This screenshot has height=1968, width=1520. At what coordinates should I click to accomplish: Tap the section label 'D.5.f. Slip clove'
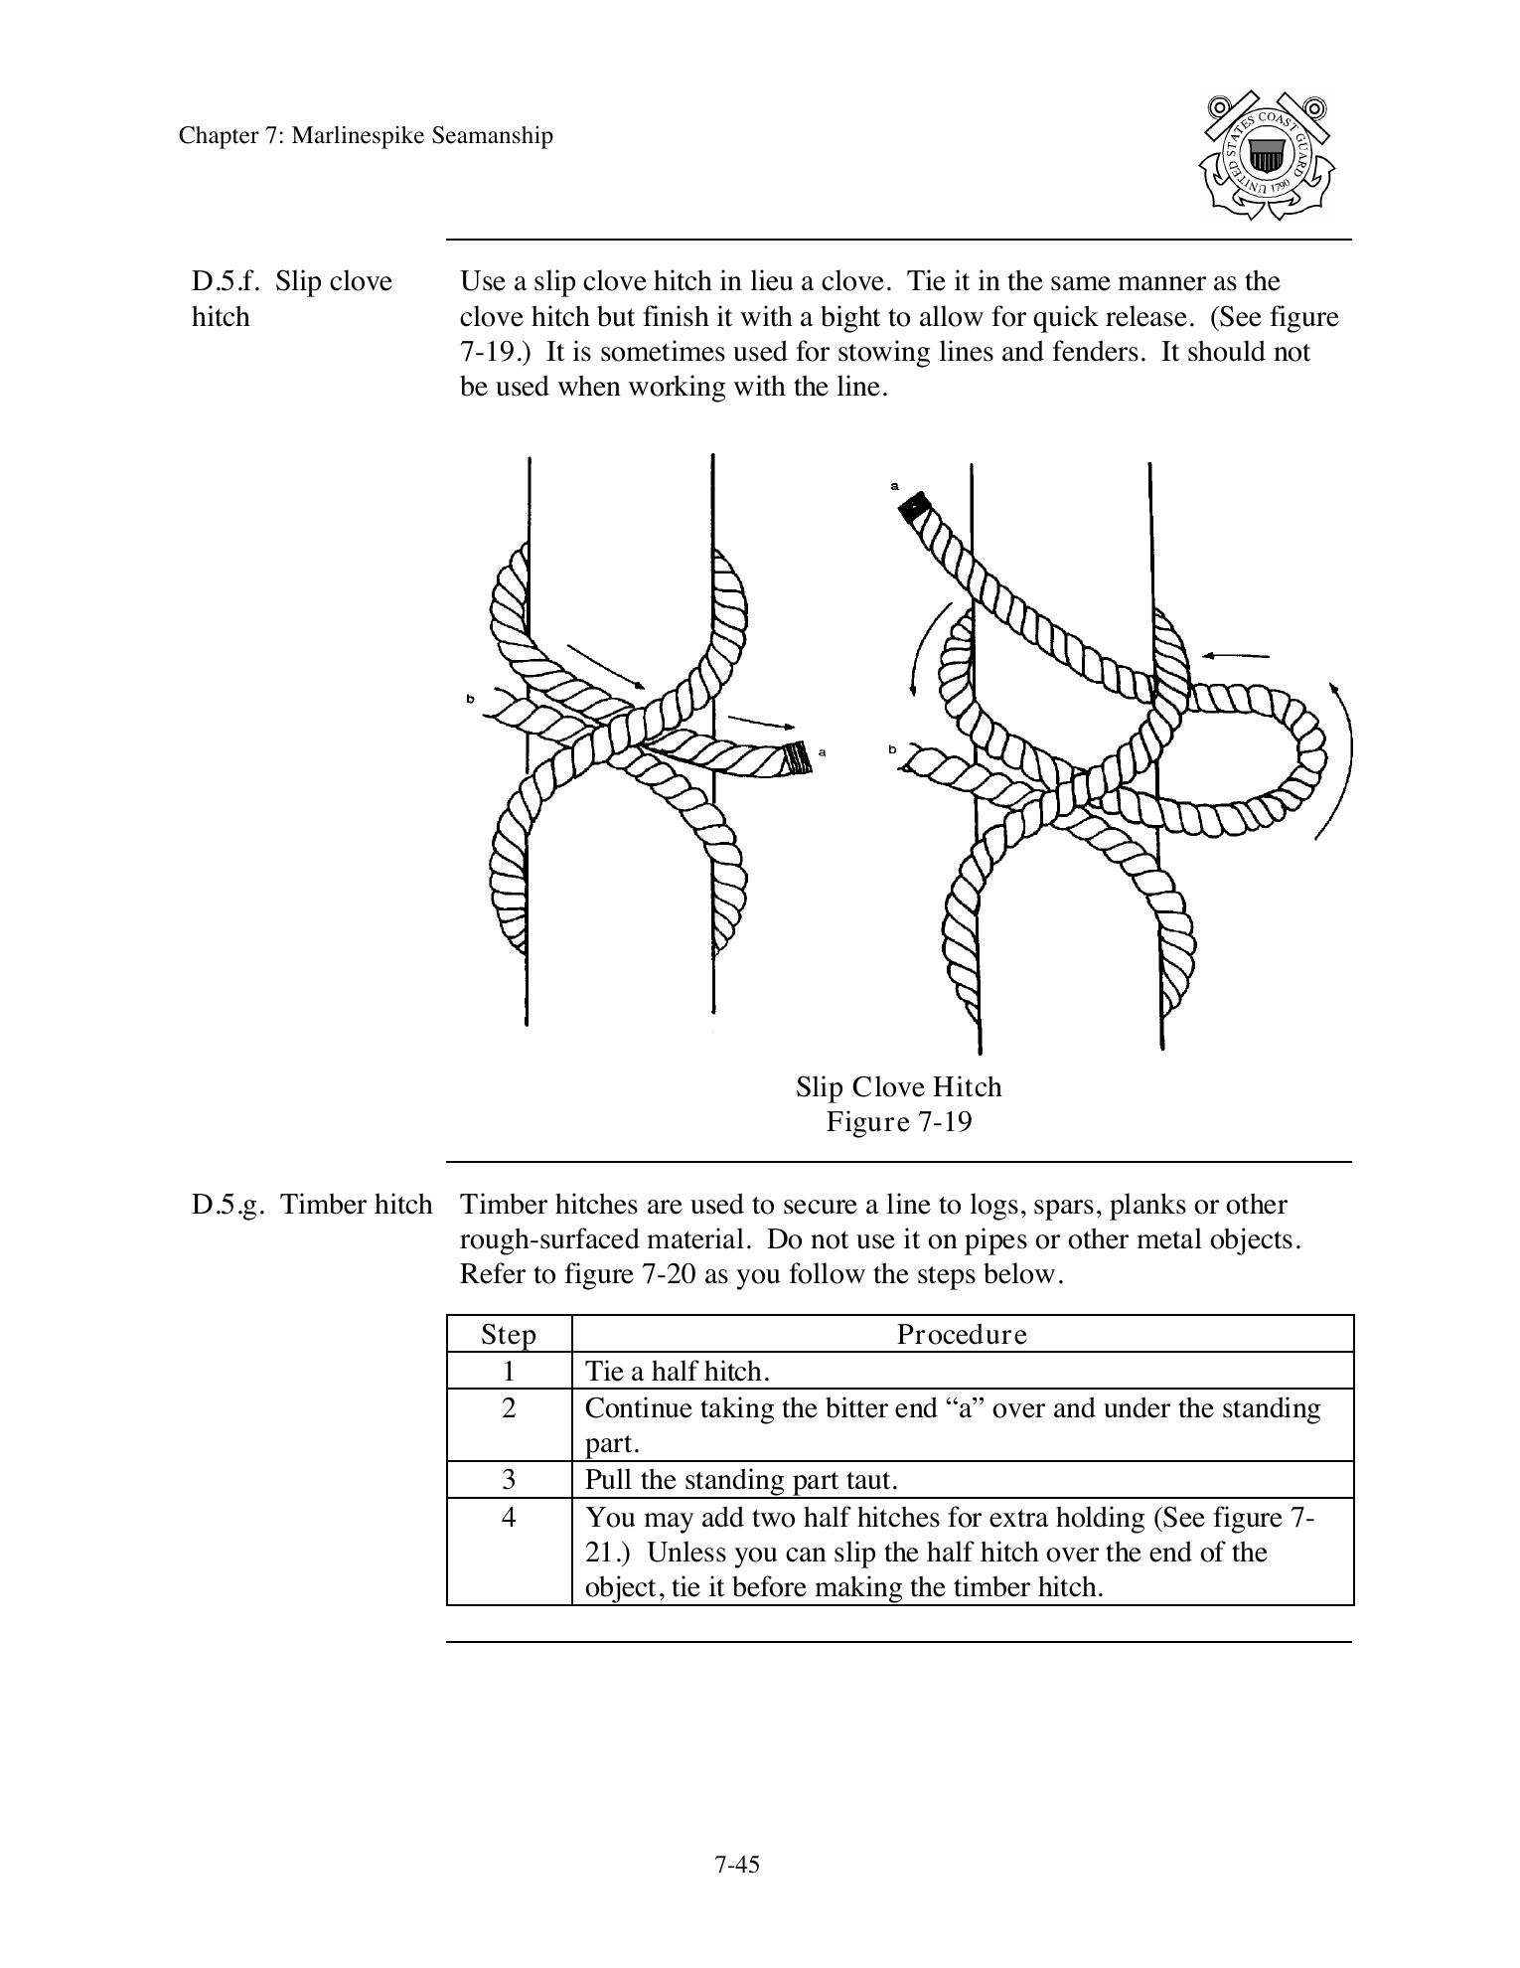(292, 282)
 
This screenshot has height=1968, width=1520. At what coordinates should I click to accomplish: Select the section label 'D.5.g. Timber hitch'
(311, 1205)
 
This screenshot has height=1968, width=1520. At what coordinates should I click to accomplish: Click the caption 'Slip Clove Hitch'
(898, 1086)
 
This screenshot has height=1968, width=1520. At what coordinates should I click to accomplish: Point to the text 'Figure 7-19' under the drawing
(898, 1122)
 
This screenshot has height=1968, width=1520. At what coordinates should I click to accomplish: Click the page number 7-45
(736, 1865)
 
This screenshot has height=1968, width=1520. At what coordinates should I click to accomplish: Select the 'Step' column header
(509, 1334)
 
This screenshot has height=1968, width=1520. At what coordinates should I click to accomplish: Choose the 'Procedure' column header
(962, 1334)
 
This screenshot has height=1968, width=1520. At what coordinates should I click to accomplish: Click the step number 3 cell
(509, 1480)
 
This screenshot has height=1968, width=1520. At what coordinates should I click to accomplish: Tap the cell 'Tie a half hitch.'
(678, 1372)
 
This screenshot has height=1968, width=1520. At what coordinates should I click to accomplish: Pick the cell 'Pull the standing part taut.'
(741, 1480)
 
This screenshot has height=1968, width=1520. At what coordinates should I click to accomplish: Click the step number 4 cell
(509, 1518)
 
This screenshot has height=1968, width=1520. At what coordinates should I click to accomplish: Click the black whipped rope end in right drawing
(912, 507)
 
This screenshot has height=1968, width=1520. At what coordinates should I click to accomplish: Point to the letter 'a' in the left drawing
(822, 751)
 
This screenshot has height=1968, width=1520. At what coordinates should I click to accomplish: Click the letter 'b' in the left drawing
(471, 700)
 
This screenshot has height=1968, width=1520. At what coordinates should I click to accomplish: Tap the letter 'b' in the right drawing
(892, 748)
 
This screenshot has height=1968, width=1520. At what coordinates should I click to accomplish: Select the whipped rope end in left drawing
(797, 758)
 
